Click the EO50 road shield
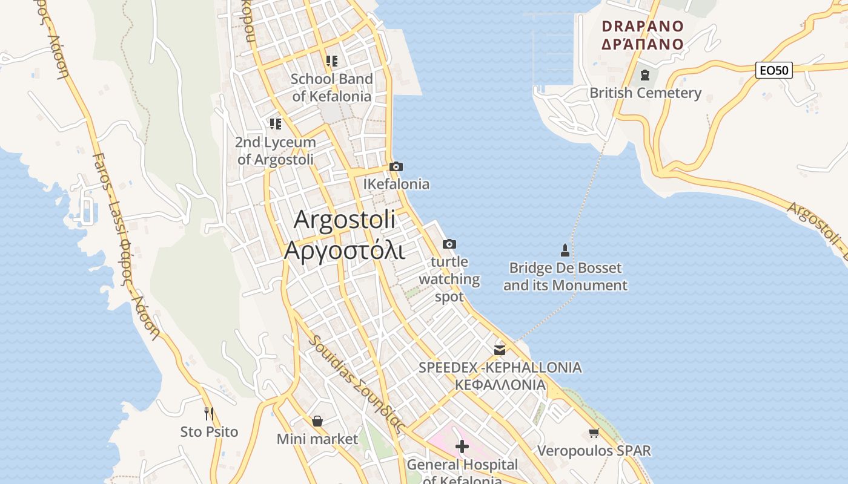click(x=774, y=70)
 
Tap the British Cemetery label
click(x=645, y=93)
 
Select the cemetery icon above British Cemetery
click(x=645, y=76)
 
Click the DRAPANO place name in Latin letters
click(x=643, y=27)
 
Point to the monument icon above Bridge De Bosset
click(x=565, y=250)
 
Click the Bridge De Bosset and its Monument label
click(x=565, y=276)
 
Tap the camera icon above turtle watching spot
click(x=449, y=244)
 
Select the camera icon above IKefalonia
click(x=396, y=166)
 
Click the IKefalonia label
click(x=396, y=184)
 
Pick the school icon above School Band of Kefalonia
click(x=331, y=60)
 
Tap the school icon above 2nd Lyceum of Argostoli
click(x=276, y=124)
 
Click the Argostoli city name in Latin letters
click(x=345, y=220)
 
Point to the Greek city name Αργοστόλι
click(x=345, y=249)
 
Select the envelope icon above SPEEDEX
click(x=500, y=350)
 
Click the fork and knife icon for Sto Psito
click(x=209, y=414)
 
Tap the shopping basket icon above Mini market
click(x=317, y=421)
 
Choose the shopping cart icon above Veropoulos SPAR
click(x=594, y=433)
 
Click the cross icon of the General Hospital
click(x=462, y=447)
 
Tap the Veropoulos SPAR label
click(x=594, y=451)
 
